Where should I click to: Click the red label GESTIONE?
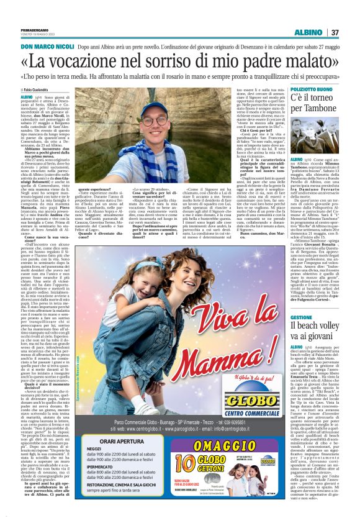coord(302,317)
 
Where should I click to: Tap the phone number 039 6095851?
coord(242,422)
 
